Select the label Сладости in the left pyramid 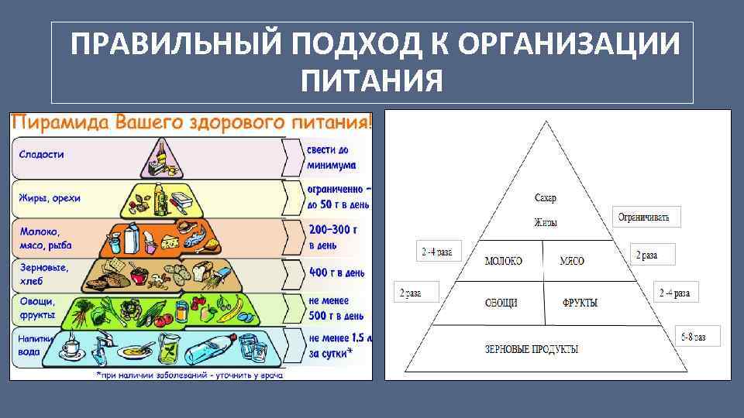pos(43,155)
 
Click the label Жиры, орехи pos(50,198)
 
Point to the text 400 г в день pos(336,272)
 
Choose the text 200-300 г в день pos(332,238)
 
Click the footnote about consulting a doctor pos(190,375)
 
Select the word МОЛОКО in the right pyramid pos(503,261)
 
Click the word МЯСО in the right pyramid pos(572,261)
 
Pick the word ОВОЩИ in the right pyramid pos(501,303)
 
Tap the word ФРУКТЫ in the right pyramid pos(580,303)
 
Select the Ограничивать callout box pos(648,218)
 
